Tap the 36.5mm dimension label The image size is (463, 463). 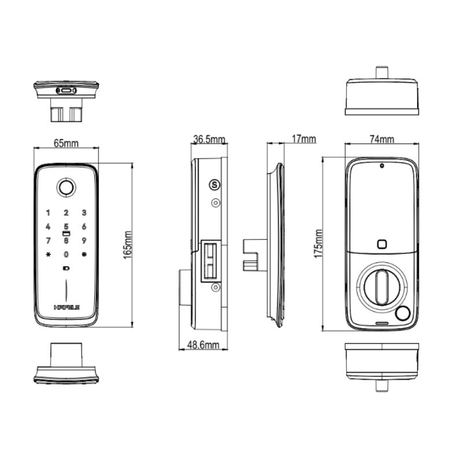point(209,139)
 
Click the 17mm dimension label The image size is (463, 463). point(304,139)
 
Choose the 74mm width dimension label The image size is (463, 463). point(381,139)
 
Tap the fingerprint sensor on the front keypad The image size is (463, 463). point(66,188)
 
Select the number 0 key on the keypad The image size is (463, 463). point(66,255)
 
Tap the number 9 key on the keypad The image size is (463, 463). point(84,240)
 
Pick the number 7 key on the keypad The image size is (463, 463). point(49,240)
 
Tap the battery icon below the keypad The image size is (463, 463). point(65,269)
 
